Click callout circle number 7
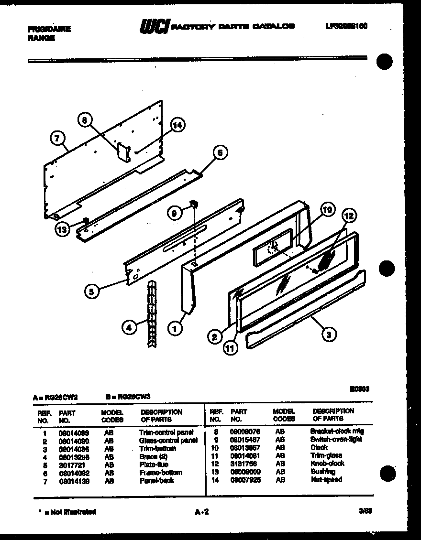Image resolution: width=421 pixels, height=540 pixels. point(57,139)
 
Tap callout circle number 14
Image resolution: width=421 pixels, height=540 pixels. point(177,126)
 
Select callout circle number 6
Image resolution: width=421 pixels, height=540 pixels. point(220,153)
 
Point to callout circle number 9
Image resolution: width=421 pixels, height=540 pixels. point(176,215)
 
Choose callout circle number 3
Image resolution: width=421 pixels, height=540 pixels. point(328,335)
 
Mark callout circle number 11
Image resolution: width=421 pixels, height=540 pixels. point(231,348)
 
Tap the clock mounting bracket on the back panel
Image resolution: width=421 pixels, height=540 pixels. point(123,153)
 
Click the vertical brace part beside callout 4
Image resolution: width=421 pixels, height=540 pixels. point(152,313)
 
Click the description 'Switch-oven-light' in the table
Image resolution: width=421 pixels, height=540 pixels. point(336,439)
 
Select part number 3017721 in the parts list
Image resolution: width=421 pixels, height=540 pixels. point(70,464)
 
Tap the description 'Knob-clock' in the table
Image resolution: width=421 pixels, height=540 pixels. point(327,464)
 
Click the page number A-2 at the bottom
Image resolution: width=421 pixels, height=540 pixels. point(202,512)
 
